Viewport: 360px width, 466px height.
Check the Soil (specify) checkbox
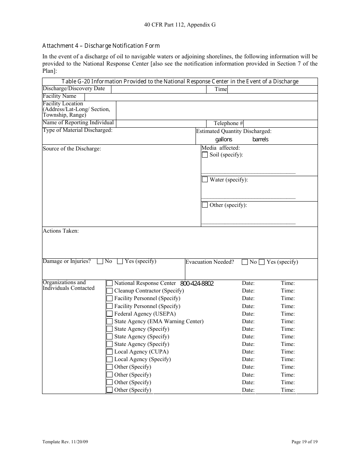click(x=205, y=155)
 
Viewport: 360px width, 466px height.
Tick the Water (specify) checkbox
click(x=205, y=180)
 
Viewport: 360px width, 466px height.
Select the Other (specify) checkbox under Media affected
click(x=205, y=205)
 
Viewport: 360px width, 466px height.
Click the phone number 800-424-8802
click(x=197, y=283)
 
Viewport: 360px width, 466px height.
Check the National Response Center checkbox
click(x=110, y=283)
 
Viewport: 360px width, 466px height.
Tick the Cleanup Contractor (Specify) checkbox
click(x=110, y=291)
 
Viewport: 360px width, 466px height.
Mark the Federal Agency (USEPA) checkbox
click(x=110, y=314)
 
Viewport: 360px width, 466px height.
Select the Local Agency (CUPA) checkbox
click(x=110, y=352)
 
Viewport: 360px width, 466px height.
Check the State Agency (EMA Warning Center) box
click(x=110, y=321)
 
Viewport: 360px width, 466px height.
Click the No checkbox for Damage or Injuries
click(x=100, y=261)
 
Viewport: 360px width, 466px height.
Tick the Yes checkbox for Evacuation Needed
click(x=261, y=262)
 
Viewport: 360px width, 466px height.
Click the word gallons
click(x=224, y=139)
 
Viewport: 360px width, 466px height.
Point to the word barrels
click(x=260, y=139)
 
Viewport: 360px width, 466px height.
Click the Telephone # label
click(x=228, y=123)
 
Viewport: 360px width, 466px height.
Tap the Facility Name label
click(x=59, y=96)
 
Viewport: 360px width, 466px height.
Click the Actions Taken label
click(x=61, y=231)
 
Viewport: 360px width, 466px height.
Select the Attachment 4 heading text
click(x=101, y=46)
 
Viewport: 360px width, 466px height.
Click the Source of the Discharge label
click(x=72, y=149)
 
